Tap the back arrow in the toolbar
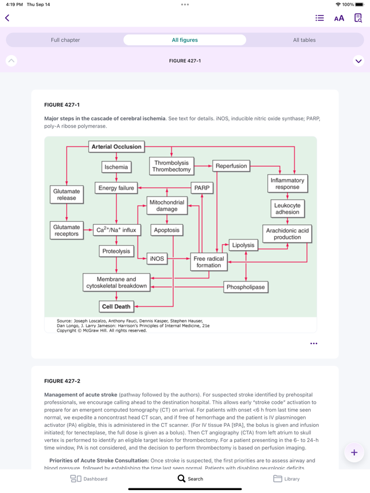tap(7, 18)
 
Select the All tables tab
tap(304, 40)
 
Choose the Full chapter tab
tap(65, 40)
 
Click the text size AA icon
tap(339, 18)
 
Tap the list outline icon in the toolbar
tap(319, 18)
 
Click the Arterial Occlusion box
tap(116, 147)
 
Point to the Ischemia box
tap(116, 167)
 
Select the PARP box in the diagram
tap(202, 188)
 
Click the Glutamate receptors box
tap(66, 230)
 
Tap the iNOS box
tap(157, 259)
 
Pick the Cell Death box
tap(116, 306)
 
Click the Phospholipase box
tap(246, 287)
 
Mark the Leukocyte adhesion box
tap(287, 209)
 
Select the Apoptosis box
tap(166, 230)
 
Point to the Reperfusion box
tap(231, 165)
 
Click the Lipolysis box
tap(243, 245)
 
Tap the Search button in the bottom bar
tap(190, 479)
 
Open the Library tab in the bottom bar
tap(286, 479)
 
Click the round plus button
tap(354, 452)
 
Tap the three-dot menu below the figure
tap(314, 344)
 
